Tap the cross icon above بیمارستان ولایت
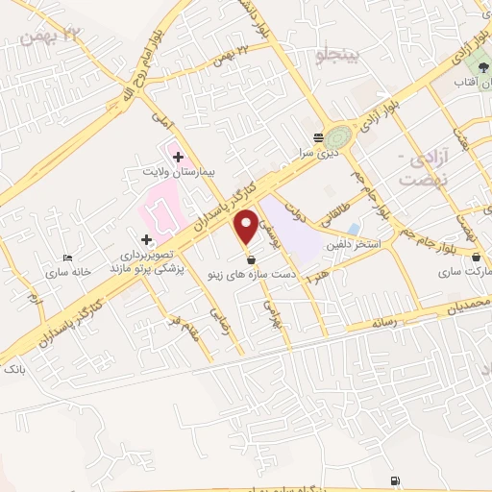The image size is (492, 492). [179, 156]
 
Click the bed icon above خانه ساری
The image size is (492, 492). [66, 258]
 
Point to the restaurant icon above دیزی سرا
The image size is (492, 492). [318, 136]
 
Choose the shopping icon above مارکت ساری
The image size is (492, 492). [478, 257]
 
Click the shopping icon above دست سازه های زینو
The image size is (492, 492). [251, 259]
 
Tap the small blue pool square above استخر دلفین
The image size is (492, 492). [355, 230]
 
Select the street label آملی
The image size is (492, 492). [160, 121]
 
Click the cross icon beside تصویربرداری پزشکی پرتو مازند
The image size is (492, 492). [146, 239]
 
